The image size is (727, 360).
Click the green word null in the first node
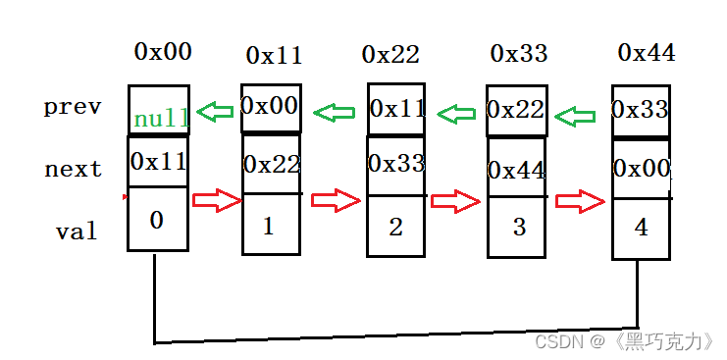coord(161,119)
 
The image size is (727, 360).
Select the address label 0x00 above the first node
coord(163,52)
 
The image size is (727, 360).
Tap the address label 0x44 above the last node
coord(647,52)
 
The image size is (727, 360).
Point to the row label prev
coord(73,107)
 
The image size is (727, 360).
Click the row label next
coord(74,169)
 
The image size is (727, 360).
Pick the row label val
coord(77,231)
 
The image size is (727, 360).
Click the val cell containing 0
coord(157,221)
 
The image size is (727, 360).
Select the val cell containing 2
coord(396,227)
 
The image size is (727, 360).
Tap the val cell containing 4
coord(642,229)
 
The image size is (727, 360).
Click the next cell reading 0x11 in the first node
coord(158,160)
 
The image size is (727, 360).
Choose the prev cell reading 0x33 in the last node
coord(642,111)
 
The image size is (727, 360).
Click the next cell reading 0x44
coord(517,171)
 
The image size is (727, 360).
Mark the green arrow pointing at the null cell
coord(215,112)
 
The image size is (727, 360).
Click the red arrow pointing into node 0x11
coord(217,201)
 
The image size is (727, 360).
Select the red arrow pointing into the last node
coord(581,201)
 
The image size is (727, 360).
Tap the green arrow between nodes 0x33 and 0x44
coord(576,117)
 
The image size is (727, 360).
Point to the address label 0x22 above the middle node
coord(391,54)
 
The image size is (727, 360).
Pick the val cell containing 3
coord(519,228)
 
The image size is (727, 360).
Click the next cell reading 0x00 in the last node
coord(642,169)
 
